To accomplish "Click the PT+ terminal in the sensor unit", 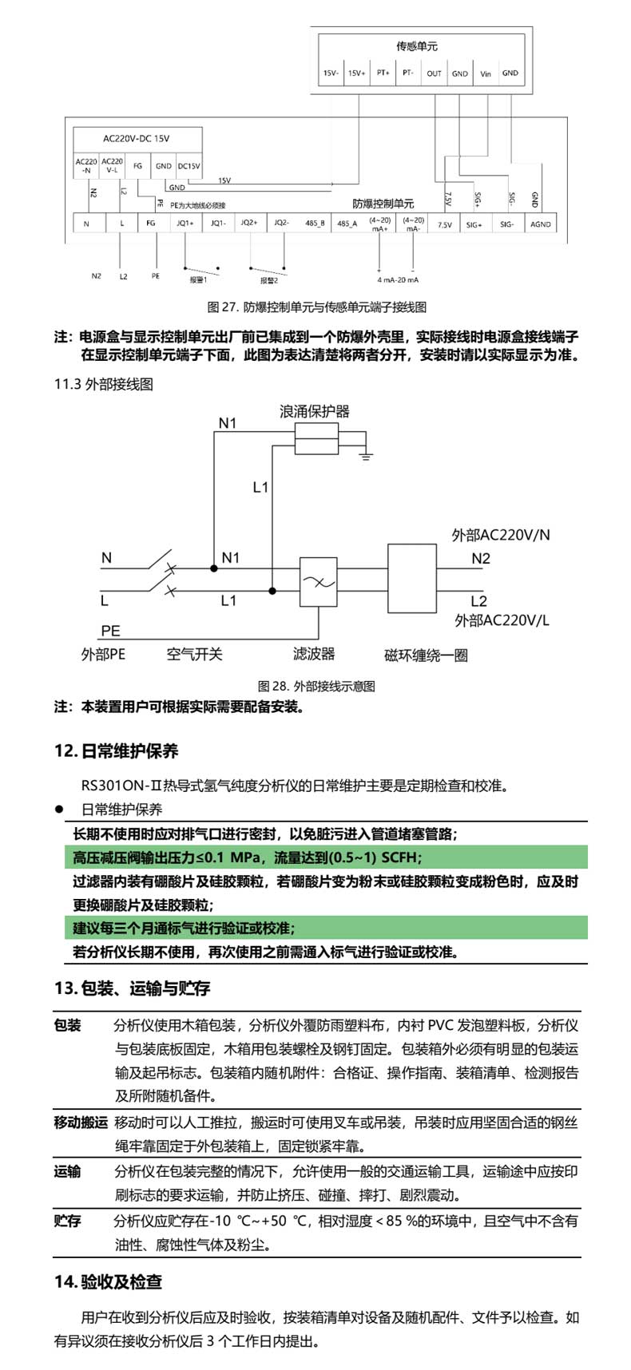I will pyautogui.click(x=383, y=73).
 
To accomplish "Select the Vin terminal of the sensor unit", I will pyautogui.click(x=486, y=73).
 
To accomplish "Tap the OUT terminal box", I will pyautogui.click(x=434, y=73).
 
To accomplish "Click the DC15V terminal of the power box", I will pyautogui.click(x=189, y=166).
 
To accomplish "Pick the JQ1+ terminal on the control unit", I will pyautogui.click(x=185, y=224).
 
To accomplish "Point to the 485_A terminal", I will pyautogui.click(x=347, y=224).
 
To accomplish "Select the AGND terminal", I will pyautogui.click(x=541, y=224).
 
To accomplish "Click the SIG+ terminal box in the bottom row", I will pyautogui.click(x=474, y=224).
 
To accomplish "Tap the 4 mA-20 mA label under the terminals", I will pyautogui.click(x=398, y=280).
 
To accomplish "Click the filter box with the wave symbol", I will pyautogui.click(x=318, y=583).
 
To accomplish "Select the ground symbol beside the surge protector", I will pyautogui.click(x=366, y=456).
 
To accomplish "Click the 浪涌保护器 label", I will pyautogui.click(x=315, y=412).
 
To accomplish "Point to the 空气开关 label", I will pyautogui.click(x=194, y=655).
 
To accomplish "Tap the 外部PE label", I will pyautogui.click(x=104, y=655).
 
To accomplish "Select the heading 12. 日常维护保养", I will pyautogui.click(x=117, y=750).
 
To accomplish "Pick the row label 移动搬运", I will pyautogui.click(x=81, y=1123).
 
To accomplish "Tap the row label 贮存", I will pyautogui.click(x=68, y=1221).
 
